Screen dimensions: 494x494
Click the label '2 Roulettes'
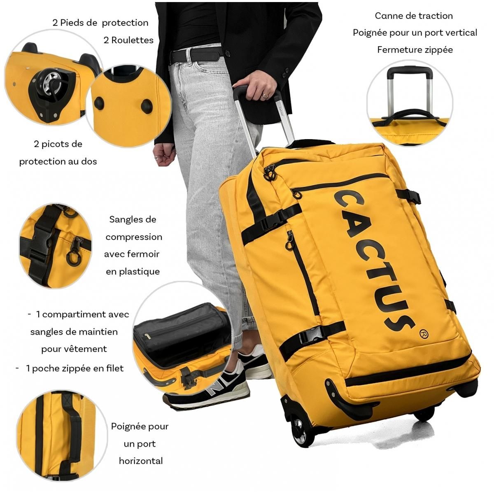tap(128, 40)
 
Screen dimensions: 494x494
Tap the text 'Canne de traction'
tap(414, 16)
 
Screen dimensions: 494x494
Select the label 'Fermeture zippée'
tap(415, 49)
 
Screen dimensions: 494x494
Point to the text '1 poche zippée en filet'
tap(75, 368)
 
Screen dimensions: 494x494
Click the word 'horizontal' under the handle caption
tap(141, 461)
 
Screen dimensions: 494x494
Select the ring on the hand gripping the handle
tap(265, 96)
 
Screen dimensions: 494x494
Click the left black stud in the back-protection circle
tap(99, 103)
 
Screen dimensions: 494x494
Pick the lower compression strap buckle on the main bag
tap(312, 335)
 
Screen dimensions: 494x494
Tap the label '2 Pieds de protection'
tap(100, 23)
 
